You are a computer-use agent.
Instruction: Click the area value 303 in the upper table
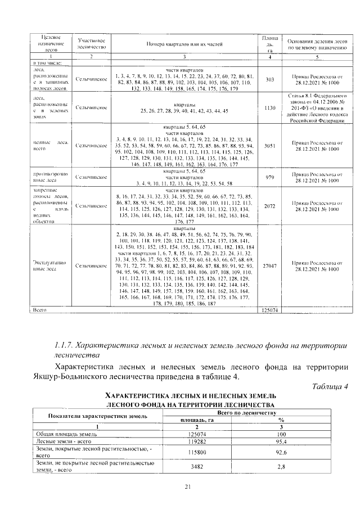click(x=269, y=80)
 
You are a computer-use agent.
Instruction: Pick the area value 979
click(x=269, y=177)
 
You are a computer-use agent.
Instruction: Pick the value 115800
click(x=195, y=452)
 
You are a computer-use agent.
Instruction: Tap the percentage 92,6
click(x=279, y=452)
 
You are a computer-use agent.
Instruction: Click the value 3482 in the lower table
click(x=195, y=467)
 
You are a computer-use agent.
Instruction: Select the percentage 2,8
click(x=279, y=467)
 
